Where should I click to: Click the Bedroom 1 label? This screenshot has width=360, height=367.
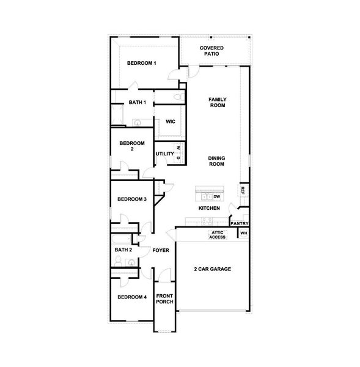tap(142, 63)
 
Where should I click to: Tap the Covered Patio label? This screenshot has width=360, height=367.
tap(211, 51)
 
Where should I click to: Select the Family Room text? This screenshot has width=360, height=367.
tap(217, 102)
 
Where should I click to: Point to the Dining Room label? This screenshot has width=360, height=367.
tap(217, 161)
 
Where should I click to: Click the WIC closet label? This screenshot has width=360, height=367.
tap(171, 121)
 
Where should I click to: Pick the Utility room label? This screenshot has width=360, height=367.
tap(165, 154)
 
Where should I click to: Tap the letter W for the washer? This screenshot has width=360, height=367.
tap(178, 147)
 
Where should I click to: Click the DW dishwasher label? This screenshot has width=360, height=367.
tap(216, 196)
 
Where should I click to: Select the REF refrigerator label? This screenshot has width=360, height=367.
tap(243, 191)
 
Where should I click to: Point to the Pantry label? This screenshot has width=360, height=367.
tap(239, 223)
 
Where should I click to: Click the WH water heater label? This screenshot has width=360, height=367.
tap(243, 234)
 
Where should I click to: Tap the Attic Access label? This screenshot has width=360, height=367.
tap(218, 235)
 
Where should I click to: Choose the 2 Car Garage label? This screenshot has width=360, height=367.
tap(211, 269)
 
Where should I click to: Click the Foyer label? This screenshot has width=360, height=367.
tap(160, 250)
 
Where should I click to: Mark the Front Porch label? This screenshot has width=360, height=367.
tap(164, 299)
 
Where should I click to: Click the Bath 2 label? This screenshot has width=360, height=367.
tap(123, 250)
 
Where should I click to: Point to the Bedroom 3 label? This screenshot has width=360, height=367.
tap(132, 199)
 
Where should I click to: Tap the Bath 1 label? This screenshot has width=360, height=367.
tap(137, 102)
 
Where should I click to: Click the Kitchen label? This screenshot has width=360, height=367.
tap(209, 209)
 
